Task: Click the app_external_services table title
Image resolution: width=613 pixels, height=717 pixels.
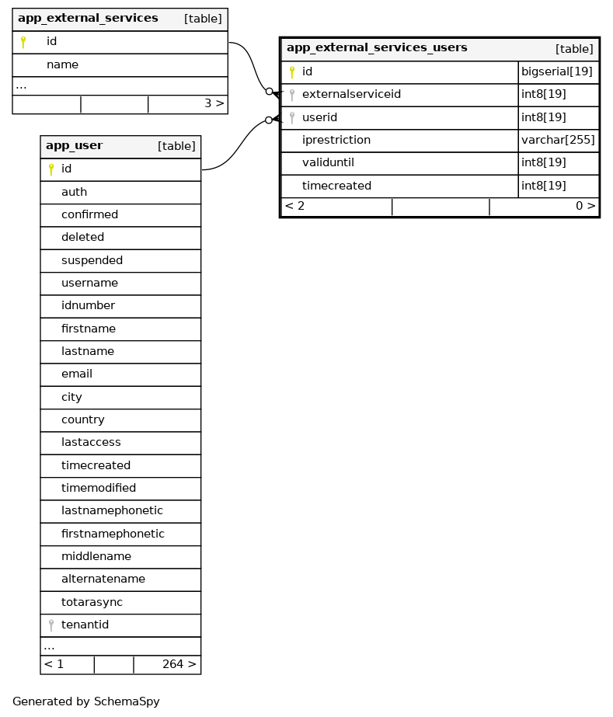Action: pos(88,18)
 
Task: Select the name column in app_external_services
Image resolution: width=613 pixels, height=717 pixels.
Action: pos(62,64)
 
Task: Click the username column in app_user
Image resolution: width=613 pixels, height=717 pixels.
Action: pos(89,284)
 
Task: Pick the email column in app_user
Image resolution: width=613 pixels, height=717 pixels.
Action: pos(77,374)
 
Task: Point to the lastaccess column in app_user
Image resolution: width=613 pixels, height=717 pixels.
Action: pos(91,443)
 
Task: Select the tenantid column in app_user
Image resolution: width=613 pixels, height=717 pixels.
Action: pos(85,625)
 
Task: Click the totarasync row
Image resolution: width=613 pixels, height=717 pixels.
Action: pos(92,602)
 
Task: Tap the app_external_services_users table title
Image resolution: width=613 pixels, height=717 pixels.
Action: pos(377,48)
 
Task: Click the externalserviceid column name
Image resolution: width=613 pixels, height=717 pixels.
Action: pos(351,95)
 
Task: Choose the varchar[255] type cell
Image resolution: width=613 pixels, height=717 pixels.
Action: pos(558,141)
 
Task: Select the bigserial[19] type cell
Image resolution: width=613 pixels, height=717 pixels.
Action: pos(557,72)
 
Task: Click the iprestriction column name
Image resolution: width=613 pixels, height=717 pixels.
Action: pos(336,141)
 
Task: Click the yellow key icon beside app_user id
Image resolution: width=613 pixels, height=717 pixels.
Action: pos(51,169)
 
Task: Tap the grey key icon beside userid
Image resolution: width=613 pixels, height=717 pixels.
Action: pos(292,118)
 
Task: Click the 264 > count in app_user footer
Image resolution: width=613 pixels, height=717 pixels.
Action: pos(179,665)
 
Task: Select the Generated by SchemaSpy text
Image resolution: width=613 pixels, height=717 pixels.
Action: pos(86,701)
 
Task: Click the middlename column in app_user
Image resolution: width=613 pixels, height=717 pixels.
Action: pos(96,557)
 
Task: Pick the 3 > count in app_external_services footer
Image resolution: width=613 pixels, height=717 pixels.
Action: pos(214,103)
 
